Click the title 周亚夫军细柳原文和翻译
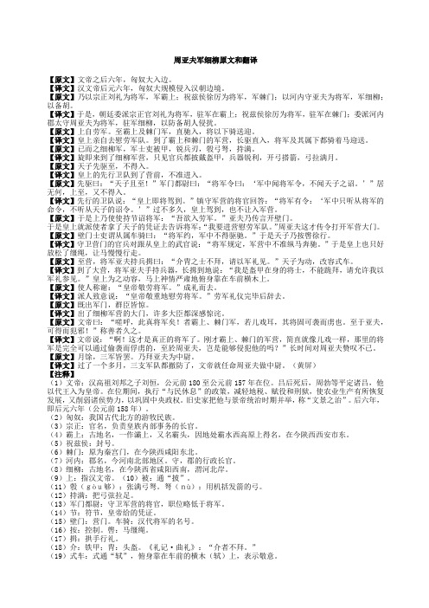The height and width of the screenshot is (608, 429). click(214, 61)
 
